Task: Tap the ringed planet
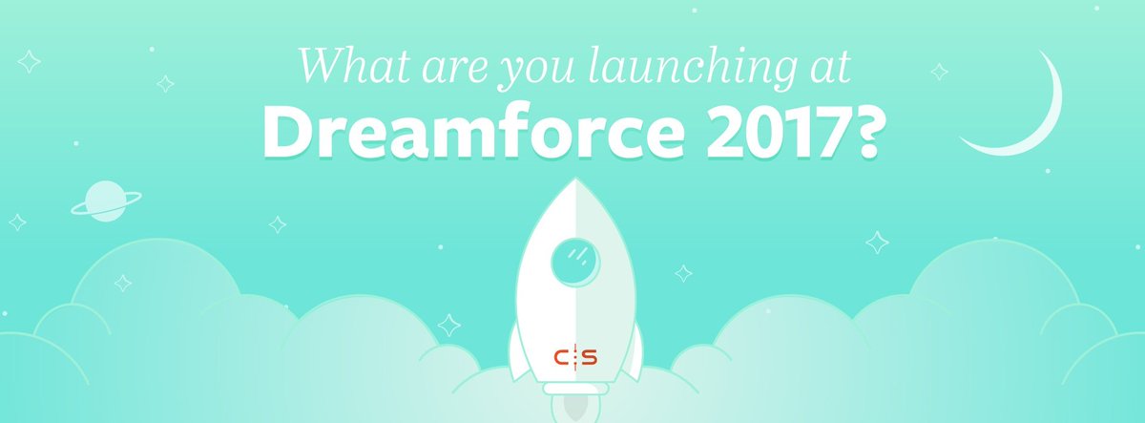coord(105,200)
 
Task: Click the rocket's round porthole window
coord(575,258)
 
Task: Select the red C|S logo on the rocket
coord(575,357)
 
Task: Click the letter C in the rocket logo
coord(562,357)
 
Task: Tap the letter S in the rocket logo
coord(589,357)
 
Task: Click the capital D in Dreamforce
coord(289,133)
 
